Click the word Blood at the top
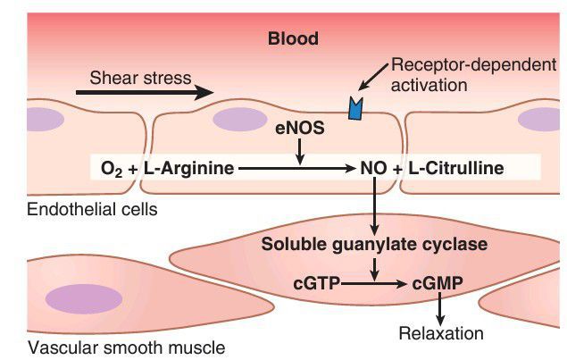coord(293,39)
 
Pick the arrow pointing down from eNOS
coord(300,153)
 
